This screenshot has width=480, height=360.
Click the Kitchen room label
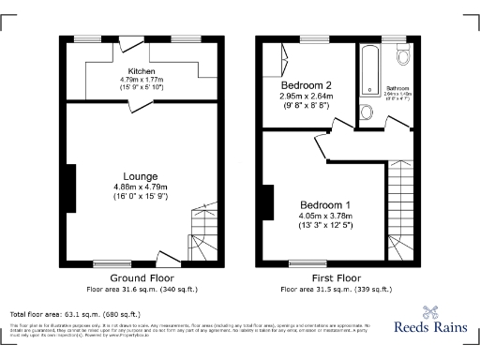pyautogui.click(x=142, y=71)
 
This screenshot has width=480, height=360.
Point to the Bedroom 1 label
pyautogui.click(x=325, y=205)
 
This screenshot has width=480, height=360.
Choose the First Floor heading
pyautogui.click(x=336, y=278)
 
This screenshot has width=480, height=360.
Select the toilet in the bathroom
pyautogui.click(x=404, y=55)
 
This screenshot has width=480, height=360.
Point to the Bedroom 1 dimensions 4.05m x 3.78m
pyautogui.click(x=325, y=216)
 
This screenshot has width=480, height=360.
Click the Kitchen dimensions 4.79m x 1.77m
pyautogui.click(x=142, y=81)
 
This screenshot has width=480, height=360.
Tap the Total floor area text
pyautogui.click(x=74, y=314)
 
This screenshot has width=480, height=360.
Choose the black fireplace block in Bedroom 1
pyautogui.click(x=267, y=203)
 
